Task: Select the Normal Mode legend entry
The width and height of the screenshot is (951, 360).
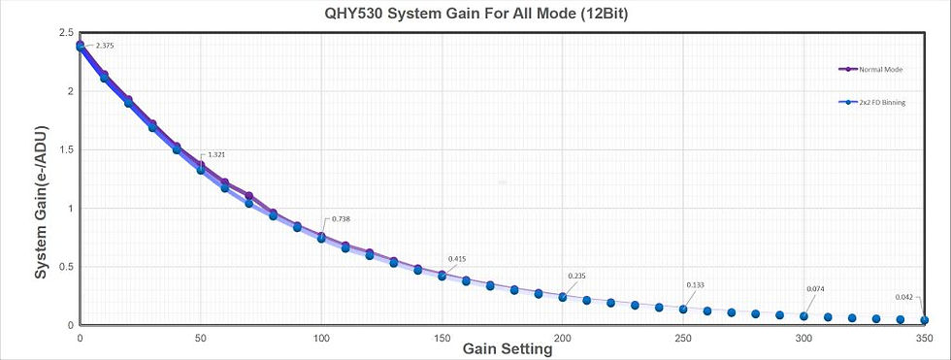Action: [881, 69]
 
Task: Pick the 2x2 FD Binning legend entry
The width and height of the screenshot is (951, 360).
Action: [884, 102]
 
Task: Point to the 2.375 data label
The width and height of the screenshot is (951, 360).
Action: [106, 46]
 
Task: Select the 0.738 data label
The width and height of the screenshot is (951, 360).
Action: [341, 219]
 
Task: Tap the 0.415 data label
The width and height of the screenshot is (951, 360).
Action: [458, 259]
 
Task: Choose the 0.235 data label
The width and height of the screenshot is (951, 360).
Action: [578, 276]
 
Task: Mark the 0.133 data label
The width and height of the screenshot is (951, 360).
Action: [695, 284]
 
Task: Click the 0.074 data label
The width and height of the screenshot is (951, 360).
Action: [815, 289]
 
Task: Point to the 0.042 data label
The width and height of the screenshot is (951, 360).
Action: [904, 297]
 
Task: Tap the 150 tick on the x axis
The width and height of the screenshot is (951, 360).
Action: [442, 338]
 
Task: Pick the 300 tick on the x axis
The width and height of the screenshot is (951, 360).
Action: [803, 338]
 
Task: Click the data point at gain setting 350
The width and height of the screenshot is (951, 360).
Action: [924, 320]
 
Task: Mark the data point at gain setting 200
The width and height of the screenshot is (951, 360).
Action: [563, 297]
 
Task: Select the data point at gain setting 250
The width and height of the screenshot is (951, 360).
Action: [683, 310]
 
